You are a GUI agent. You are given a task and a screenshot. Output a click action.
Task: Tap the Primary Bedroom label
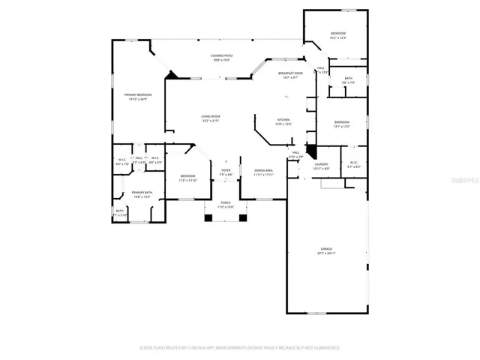[x=136, y=95]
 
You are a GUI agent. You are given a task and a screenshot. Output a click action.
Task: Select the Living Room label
[x=210, y=117]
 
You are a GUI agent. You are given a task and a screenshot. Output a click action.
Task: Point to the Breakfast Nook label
[x=289, y=73]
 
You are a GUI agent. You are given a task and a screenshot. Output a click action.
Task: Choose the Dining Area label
[x=263, y=171]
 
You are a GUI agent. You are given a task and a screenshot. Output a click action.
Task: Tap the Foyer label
[x=225, y=171]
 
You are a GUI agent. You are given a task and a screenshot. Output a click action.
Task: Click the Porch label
[x=226, y=204]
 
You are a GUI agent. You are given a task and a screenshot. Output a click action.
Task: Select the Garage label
[x=327, y=250]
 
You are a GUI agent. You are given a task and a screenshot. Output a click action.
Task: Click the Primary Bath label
[x=142, y=193]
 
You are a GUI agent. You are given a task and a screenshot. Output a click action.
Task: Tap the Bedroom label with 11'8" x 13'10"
[x=187, y=177]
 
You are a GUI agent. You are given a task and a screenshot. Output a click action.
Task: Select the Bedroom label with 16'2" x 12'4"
[x=339, y=34]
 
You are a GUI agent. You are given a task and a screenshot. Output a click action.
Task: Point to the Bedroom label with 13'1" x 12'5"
[x=342, y=122]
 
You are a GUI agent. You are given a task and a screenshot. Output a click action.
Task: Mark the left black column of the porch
[x=209, y=217]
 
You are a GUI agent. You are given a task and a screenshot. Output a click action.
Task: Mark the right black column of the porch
[x=242, y=217]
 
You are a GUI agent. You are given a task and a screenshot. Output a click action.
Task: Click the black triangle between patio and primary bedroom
[x=172, y=74]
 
